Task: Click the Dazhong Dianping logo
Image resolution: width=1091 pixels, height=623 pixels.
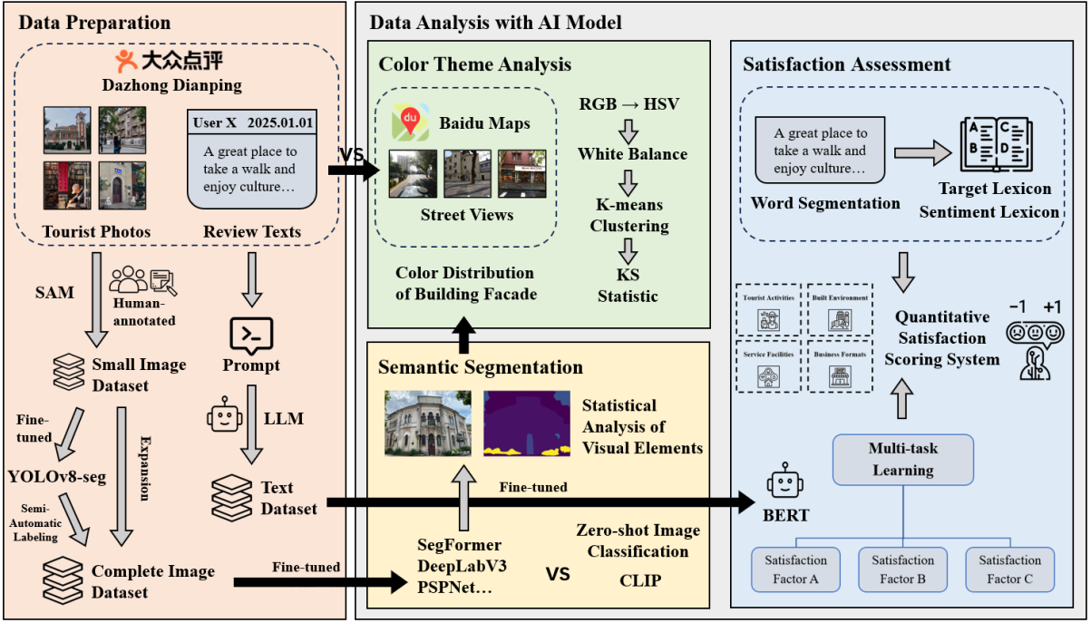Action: coord(170,61)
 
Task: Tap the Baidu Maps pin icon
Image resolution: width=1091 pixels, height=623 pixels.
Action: coord(410,122)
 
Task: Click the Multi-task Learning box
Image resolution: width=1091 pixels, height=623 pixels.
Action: coord(902,459)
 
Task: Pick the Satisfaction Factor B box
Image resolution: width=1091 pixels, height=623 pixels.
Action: coord(902,569)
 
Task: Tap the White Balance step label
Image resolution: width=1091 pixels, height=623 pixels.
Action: coord(633,154)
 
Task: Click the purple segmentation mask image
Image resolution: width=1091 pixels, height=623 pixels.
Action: coord(524,423)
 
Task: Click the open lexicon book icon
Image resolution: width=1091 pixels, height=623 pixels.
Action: coord(996,146)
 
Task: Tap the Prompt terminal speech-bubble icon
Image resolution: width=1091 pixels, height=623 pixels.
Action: coord(250,336)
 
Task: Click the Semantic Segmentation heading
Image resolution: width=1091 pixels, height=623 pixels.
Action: coord(481,367)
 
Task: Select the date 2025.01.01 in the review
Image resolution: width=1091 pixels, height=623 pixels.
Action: coord(281,122)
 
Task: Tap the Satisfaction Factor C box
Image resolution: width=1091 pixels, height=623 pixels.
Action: coord(1009,569)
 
